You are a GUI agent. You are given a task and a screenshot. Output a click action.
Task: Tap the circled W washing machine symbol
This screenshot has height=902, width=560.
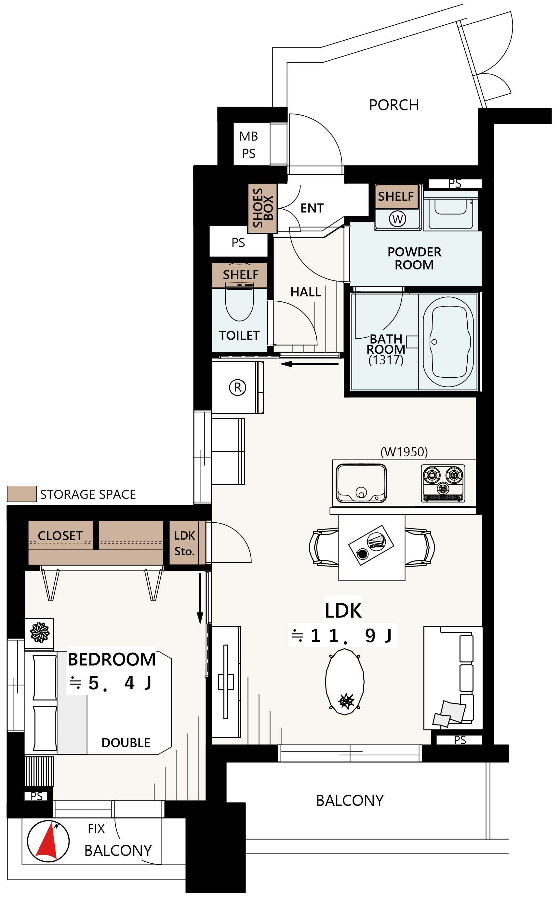coord(397,219)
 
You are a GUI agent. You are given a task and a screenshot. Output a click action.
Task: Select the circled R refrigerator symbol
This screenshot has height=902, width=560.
coord(237,387)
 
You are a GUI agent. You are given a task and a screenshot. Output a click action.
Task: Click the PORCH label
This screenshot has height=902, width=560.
coord(394,105)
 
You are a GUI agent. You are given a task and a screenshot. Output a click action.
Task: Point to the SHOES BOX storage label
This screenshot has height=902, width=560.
coord(262,208)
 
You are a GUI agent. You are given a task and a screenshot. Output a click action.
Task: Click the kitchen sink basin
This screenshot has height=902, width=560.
coord(361,483)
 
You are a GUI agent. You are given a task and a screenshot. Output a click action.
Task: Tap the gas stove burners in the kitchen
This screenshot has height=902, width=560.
coord(443,483)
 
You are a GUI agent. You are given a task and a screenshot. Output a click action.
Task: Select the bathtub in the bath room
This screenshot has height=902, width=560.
coord(448,342)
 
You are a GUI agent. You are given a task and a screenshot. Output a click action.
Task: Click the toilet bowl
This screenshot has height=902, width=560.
coord(240,304)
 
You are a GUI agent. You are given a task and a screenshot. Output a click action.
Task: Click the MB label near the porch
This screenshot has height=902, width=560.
coord(248,136)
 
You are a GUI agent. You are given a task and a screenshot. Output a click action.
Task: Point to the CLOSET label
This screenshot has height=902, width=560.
coord(60,536)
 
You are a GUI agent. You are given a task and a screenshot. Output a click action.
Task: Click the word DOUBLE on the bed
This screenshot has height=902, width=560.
coord(126,742)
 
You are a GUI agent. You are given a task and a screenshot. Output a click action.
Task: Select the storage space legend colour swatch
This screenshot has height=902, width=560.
coord(22,494)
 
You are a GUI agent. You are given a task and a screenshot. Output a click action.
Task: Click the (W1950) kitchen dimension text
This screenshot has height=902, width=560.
coord(404,451)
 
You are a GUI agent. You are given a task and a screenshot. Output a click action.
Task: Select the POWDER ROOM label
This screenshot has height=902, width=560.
coord(414,258)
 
